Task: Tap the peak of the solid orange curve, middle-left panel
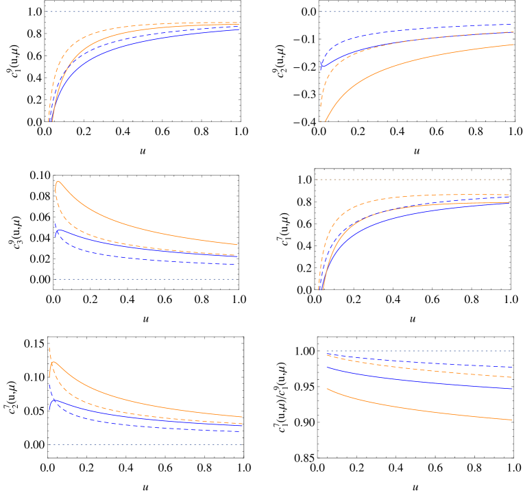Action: [x=58, y=182]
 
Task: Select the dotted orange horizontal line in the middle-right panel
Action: [x=412, y=180]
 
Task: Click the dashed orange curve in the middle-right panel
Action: [x=356, y=206]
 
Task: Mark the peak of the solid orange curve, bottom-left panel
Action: [x=53, y=362]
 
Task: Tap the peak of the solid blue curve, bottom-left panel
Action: [x=56, y=400]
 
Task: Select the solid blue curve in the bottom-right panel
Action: [x=411, y=380]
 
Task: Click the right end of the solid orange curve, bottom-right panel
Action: [x=512, y=420]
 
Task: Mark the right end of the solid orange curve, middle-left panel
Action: [x=237, y=244]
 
